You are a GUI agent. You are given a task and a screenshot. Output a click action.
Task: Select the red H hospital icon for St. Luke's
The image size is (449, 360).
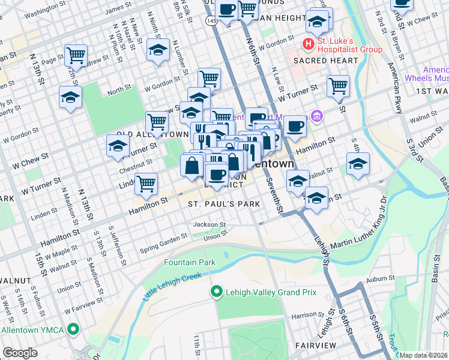click(x=309, y=44)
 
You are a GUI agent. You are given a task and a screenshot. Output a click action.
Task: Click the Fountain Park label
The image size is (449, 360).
click(x=190, y=263)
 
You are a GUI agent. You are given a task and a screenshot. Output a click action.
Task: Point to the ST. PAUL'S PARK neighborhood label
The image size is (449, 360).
click(x=223, y=204)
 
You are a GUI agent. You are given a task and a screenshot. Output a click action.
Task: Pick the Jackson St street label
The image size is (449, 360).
click(x=209, y=225)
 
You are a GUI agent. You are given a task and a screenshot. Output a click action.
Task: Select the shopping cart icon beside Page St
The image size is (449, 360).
click(x=76, y=56)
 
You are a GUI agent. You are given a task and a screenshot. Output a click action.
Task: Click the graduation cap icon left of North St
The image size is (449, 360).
click(x=70, y=97)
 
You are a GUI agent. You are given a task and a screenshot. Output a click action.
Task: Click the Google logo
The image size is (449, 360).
click(x=20, y=353)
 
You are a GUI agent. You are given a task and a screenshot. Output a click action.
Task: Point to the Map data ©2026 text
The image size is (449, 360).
click(x=424, y=355)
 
